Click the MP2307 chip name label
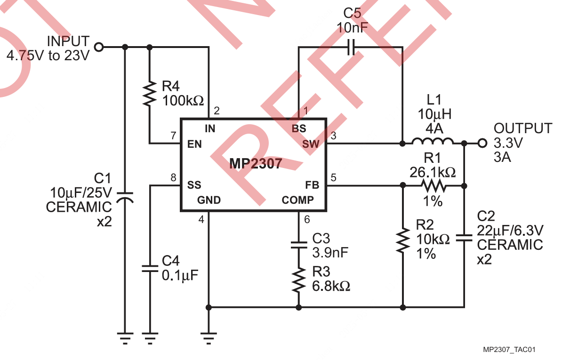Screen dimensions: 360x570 pos(256,164)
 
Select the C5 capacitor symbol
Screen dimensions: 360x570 pos(350,47)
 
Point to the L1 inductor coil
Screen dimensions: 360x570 pos(433,142)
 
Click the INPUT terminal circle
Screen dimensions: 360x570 pos(99,47)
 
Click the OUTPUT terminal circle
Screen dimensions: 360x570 pos(482,143)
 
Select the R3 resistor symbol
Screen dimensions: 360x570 pos(298,280)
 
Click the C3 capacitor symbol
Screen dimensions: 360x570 pos(298,245)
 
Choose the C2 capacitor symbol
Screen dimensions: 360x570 pos(464,238)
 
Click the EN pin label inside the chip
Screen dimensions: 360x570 pos(194,144)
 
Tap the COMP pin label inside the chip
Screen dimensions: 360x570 pos(297,200)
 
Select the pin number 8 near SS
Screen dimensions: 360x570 pos(173,178)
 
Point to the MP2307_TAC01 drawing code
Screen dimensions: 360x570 pos(509,350)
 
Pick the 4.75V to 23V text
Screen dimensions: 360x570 pos(48,56)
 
